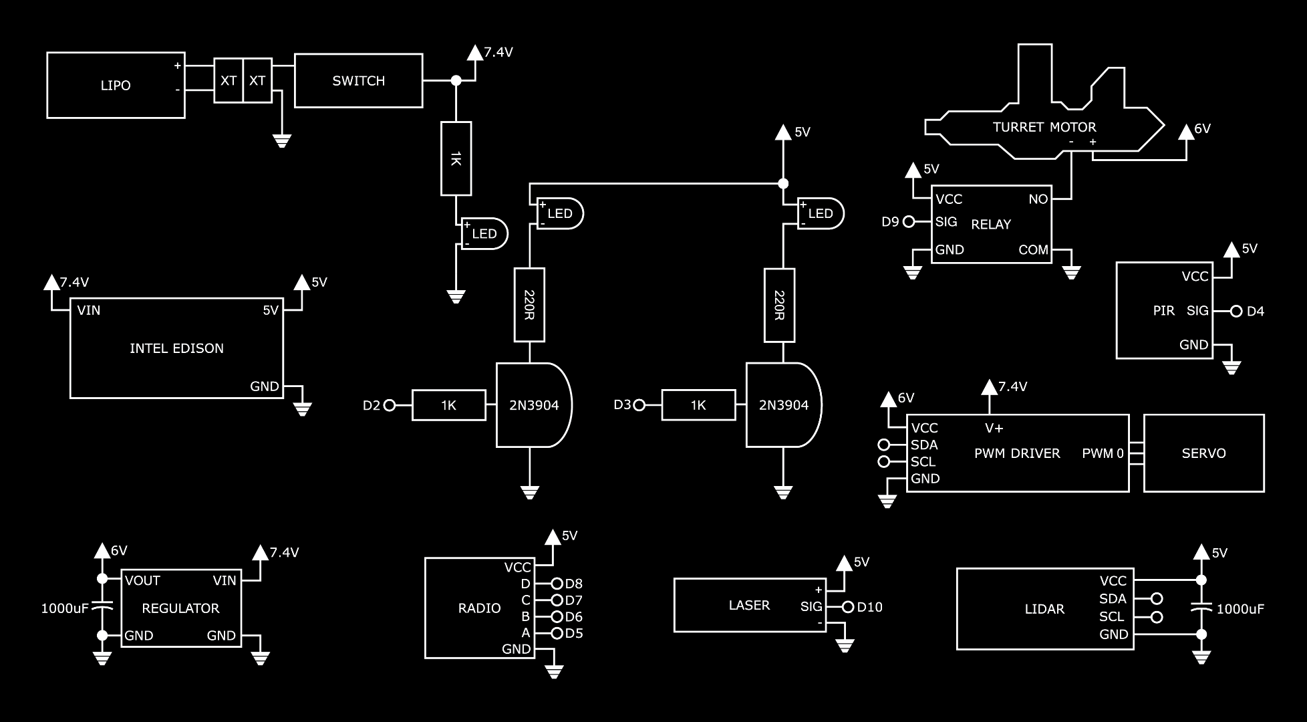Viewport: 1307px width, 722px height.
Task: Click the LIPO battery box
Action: tap(115, 86)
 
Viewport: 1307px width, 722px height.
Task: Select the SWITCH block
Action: tap(358, 81)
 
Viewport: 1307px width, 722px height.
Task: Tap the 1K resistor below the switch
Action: tap(456, 158)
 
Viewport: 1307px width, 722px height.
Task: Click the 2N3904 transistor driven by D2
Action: tap(533, 405)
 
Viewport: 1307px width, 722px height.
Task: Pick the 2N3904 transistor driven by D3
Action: tap(783, 405)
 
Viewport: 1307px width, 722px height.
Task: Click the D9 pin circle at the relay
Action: tap(908, 222)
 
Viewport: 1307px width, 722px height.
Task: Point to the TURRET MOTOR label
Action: tap(1044, 127)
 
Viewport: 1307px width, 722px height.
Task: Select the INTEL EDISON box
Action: tap(176, 348)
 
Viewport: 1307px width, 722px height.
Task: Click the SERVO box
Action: tap(1203, 453)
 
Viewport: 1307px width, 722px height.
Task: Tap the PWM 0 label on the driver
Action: tap(1103, 453)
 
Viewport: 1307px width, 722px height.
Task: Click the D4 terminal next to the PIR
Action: tap(1236, 311)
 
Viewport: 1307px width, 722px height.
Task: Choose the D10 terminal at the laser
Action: tap(848, 607)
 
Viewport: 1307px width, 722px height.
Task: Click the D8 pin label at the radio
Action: tap(573, 584)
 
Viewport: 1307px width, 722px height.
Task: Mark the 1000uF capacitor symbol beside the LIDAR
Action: tap(1201, 609)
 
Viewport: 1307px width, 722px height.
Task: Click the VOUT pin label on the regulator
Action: tap(142, 580)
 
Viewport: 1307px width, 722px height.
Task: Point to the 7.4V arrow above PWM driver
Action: tap(989, 387)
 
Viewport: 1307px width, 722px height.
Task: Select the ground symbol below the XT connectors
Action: tap(281, 140)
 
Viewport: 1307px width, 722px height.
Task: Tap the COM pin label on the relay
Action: tap(1032, 250)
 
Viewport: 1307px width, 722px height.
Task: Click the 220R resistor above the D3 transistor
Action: tap(779, 306)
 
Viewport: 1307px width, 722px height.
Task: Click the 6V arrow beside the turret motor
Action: tap(1186, 132)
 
